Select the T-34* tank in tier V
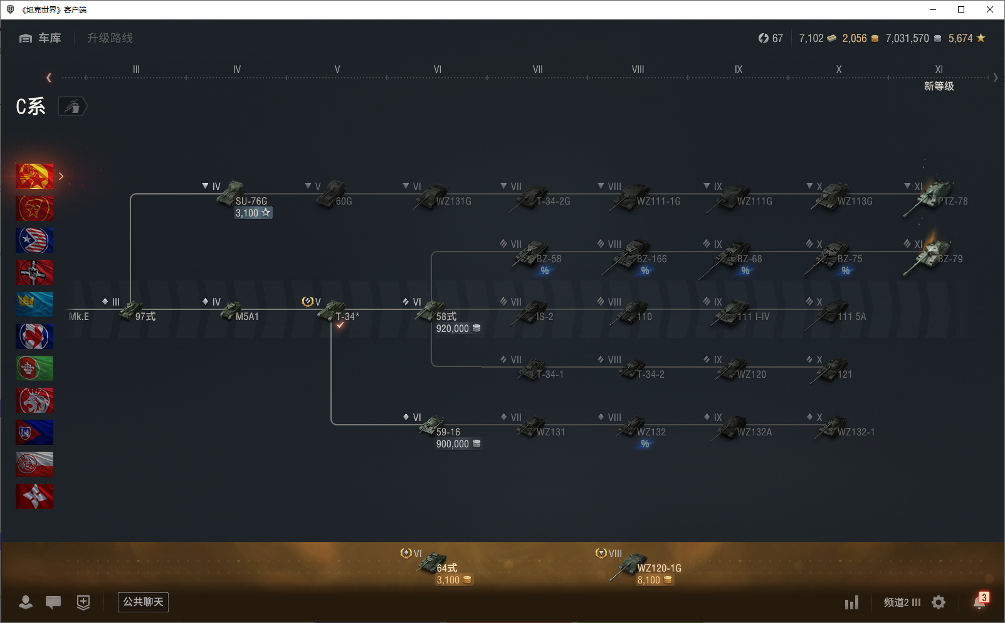pos(332,311)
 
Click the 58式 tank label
pos(446,317)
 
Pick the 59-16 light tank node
pos(433,427)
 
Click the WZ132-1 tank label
pos(856,432)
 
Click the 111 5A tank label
pos(851,317)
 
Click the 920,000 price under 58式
pos(453,329)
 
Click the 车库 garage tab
pos(41,38)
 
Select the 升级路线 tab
pos(110,38)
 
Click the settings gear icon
pos(939,602)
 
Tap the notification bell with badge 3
pos(979,602)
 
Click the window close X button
pos(990,9)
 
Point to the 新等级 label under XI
pos(939,87)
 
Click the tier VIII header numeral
pos(638,70)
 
